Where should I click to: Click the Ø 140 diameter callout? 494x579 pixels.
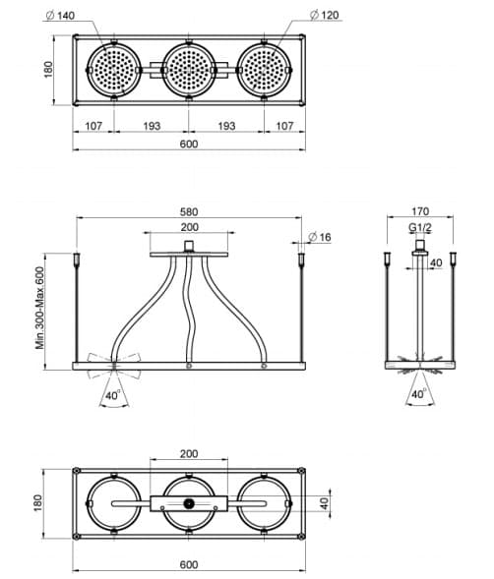[x=60, y=16]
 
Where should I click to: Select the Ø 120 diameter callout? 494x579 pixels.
[x=325, y=15]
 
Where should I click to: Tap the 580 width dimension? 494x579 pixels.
[x=189, y=212]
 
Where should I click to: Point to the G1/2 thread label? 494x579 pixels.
[x=420, y=227]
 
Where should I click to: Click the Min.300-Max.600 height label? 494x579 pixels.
[x=40, y=308]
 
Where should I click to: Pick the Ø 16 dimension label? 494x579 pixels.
[x=320, y=237]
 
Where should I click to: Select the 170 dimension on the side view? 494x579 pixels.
[x=420, y=211]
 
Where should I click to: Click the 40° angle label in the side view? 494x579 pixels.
[x=419, y=394]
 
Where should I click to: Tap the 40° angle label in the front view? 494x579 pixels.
[x=113, y=395]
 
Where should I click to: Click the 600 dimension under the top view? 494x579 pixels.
[x=189, y=144]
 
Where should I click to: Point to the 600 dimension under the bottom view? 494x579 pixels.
[x=189, y=564]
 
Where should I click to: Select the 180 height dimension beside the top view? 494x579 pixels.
[x=48, y=70]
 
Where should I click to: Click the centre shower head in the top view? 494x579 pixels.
[x=189, y=70]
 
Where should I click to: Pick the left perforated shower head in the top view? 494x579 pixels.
[x=114, y=70]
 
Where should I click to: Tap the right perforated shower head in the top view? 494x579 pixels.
[x=264, y=70]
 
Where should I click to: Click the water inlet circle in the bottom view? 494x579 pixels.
[x=189, y=503]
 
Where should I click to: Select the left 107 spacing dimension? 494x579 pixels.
[x=93, y=126]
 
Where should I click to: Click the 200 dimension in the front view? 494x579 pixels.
[x=189, y=227]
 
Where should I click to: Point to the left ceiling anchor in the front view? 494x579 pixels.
[x=77, y=259]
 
